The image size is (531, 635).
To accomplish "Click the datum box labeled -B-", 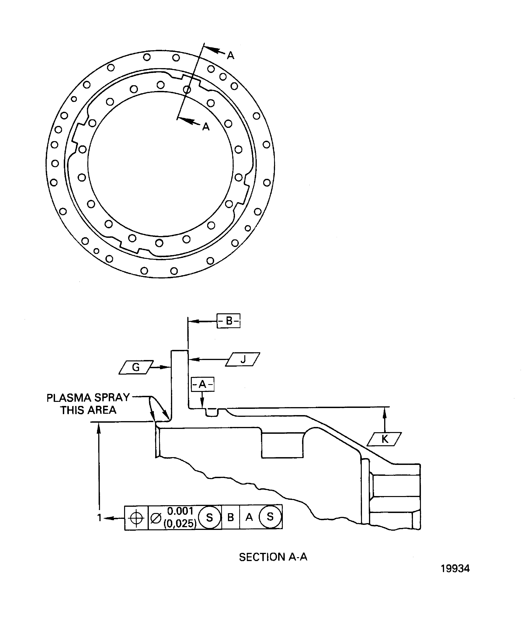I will coord(229,321).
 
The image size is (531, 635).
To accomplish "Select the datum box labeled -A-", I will coord(202,384).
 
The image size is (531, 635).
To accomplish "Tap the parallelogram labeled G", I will coord(136,367).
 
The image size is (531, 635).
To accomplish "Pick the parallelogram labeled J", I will coord(243,359).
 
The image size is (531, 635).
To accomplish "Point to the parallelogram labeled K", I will coord(384,439).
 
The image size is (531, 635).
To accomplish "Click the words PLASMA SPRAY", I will coord(88,398).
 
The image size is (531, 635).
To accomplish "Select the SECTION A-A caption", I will coord(273,557).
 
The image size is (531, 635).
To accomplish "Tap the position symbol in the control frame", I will coord(136,518).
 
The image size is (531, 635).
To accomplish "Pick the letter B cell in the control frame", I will coord(231,517).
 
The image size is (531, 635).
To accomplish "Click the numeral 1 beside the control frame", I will coord(99,518).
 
